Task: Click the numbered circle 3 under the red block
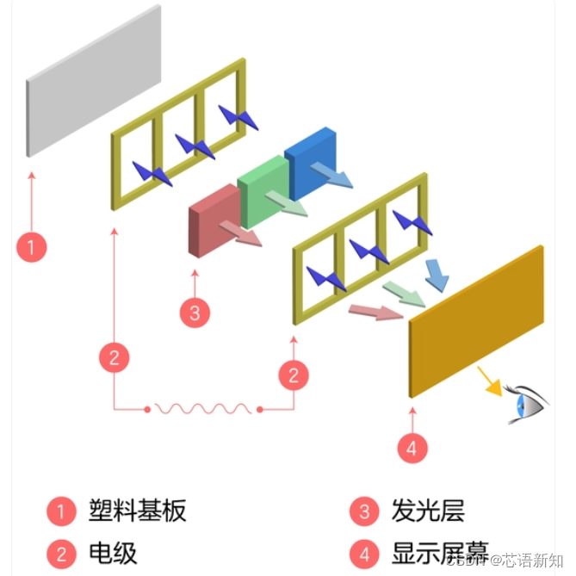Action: click(x=195, y=313)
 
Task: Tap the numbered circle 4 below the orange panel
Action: click(x=412, y=448)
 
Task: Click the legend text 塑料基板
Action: click(x=137, y=511)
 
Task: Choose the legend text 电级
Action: click(x=113, y=552)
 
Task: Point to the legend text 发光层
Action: click(x=427, y=511)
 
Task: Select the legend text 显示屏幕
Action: click(x=439, y=551)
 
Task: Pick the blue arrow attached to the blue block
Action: click(x=331, y=173)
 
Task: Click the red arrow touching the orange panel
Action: click(x=375, y=311)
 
